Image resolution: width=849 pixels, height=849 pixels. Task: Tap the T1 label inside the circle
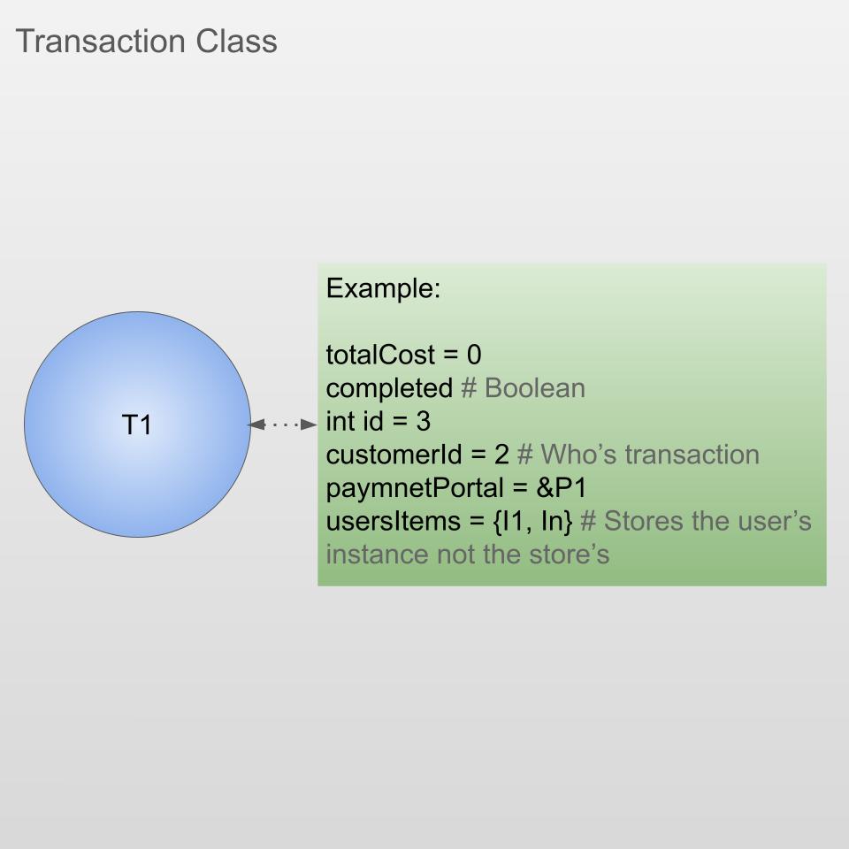click(136, 425)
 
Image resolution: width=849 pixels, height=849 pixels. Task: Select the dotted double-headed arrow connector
click(283, 425)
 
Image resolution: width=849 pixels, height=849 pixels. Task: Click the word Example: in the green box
click(383, 289)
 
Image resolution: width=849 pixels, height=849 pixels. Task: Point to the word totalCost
click(381, 356)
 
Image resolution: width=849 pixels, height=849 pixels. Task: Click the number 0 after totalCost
click(474, 356)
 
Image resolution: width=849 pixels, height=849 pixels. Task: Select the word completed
click(389, 388)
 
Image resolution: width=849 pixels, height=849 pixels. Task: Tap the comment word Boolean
click(534, 388)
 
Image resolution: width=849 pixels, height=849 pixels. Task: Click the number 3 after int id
click(424, 422)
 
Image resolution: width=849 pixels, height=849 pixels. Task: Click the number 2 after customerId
click(501, 455)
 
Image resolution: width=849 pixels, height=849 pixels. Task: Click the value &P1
click(562, 488)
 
